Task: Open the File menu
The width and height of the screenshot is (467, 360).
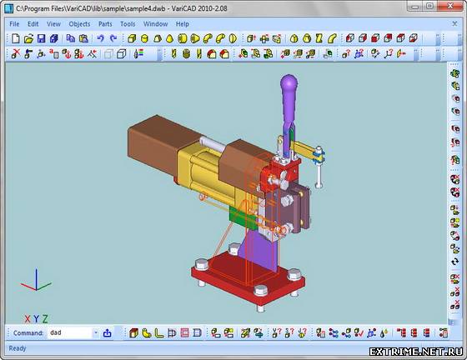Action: click(14, 24)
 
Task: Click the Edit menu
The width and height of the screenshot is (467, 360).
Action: click(33, 24)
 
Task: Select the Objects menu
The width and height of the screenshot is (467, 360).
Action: click(79, 24)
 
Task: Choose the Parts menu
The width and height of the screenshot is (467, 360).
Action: click(105, 24)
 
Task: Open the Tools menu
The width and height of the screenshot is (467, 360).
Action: click(128, 24)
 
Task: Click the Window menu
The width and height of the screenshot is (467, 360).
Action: click(155, 24)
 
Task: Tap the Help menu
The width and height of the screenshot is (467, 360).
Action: click(183, 24)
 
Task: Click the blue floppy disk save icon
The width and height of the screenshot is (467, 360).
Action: click(41, 38)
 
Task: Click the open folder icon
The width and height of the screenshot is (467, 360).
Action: click(28, 38)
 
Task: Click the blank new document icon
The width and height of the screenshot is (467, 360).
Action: click(16, 38)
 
